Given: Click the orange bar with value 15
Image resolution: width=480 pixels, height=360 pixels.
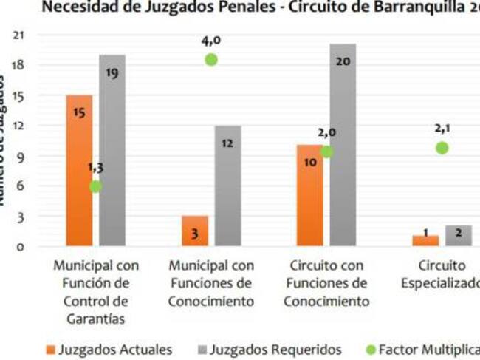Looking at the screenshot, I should coord(79,170).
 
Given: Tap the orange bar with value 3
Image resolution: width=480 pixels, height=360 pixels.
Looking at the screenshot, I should coord(195,231).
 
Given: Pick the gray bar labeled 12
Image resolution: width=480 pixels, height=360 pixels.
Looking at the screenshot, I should coord(227,186).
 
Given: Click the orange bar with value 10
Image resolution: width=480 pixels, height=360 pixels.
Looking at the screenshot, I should coord(311,195).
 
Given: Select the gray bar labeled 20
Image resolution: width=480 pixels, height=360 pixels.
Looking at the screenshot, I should coord(343,145).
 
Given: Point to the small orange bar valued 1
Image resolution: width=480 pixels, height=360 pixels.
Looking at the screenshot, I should coord(426,240).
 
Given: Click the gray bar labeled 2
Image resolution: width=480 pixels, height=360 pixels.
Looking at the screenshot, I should coord(459,235).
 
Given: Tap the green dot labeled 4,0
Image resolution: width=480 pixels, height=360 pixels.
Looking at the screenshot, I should coord(211,59).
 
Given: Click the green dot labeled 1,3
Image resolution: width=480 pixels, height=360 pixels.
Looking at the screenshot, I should coord(95,186).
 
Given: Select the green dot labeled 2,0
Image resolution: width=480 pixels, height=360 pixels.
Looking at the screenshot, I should coord(326,152).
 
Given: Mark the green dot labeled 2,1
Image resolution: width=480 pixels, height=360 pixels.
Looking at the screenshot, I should coord(442,148).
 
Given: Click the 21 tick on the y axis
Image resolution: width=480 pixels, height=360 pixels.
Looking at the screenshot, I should coord(19,35).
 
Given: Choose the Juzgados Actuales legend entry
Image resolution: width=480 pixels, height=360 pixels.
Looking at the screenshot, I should coord(109,348).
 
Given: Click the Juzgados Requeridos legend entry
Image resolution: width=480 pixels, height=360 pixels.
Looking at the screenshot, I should coord(267,348).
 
